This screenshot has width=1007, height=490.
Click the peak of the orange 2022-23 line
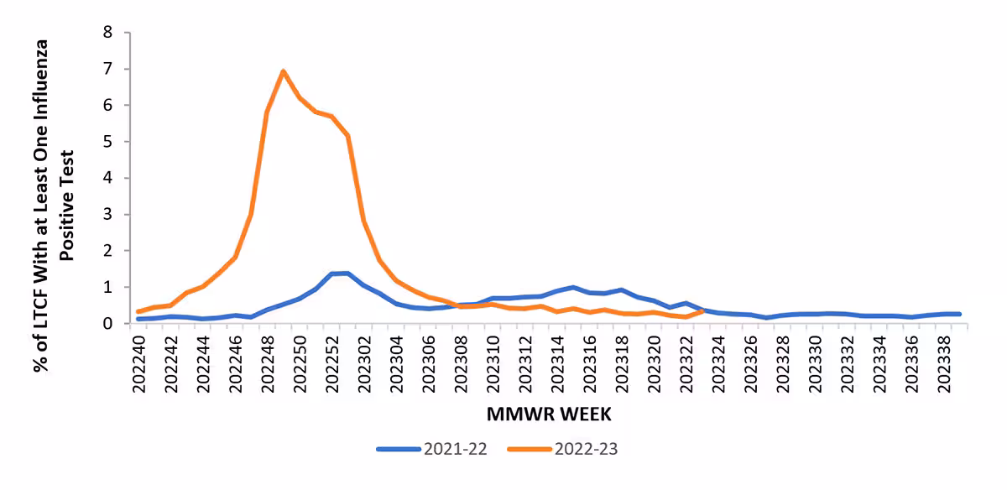(284, 71)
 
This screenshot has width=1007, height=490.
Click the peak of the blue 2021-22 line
(347, 273)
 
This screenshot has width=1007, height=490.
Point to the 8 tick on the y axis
(107, 33)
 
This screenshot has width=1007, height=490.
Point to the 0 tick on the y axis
(107, 323)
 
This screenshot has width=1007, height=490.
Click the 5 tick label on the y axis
(107, 142)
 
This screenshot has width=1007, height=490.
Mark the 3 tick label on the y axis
(107, 214)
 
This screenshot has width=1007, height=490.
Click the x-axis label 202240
(139, 362)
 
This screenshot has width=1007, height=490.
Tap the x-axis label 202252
(332, 362)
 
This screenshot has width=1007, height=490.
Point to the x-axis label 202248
(268, 362)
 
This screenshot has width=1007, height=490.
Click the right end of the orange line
(702, 310)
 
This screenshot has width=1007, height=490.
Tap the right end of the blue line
(958, 314)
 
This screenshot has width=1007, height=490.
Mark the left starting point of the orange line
(138, 311)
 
